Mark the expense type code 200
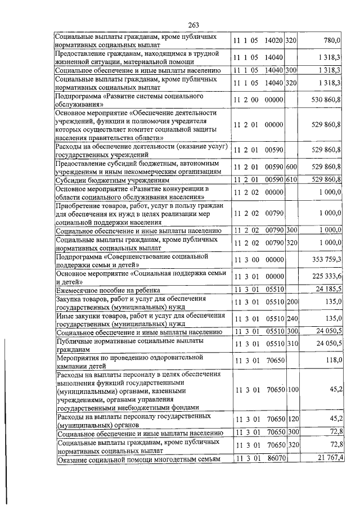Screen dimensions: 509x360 point(291,301)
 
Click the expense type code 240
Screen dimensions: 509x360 point(291,318)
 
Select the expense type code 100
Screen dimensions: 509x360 point(292,389)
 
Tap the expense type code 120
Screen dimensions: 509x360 point(291,419)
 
